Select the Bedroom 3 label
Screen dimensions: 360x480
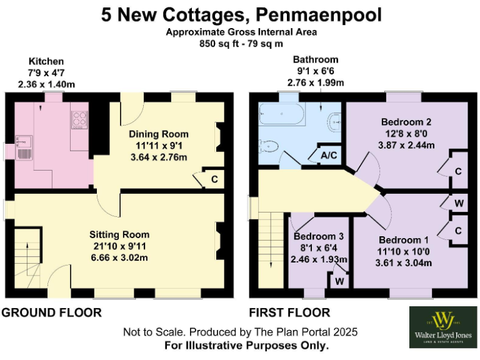(318, 237)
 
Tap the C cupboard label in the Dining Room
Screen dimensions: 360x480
(214, 179)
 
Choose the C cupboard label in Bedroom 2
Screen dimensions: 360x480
(458, 171)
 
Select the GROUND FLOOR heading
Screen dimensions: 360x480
(52, 312)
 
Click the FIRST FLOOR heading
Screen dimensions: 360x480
(289, 312)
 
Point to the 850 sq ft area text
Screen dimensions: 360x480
(241, 44)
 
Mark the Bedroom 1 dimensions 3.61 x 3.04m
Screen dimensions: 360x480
(404, 262)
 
